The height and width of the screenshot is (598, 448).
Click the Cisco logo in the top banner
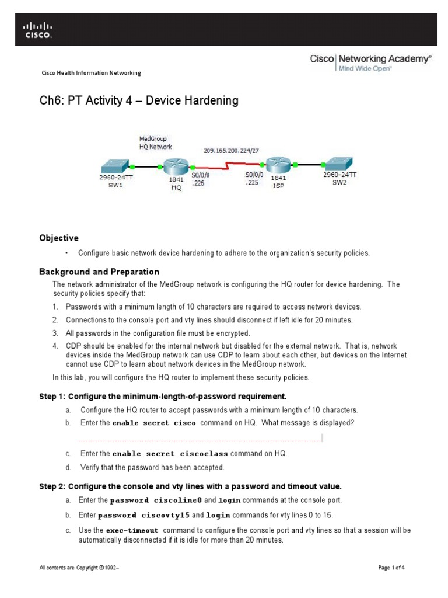pyautogui.click(x=38, y=30)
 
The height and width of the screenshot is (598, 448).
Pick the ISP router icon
pyautogui.click(x=278, y=164)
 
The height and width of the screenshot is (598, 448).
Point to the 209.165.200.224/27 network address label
pyautogui.click(x=231, y=150)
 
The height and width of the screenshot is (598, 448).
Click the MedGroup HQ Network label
pyautogui.click(x=155, y=143)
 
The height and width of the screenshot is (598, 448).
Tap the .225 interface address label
pyautogui.click(x=252, y=182)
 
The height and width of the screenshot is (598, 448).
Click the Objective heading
pyautogui.click(x=58, y=238)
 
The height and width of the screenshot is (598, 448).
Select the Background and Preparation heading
pyautogui.click(x=99, y=272)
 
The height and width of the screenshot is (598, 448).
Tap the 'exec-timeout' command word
pyautogui.click(x=132, y=531)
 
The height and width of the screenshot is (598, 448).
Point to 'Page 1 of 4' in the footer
pyautogui.click(x=391, y=568)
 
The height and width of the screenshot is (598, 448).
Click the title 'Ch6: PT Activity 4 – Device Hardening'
pyautogui.click(x=139, y=100)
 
